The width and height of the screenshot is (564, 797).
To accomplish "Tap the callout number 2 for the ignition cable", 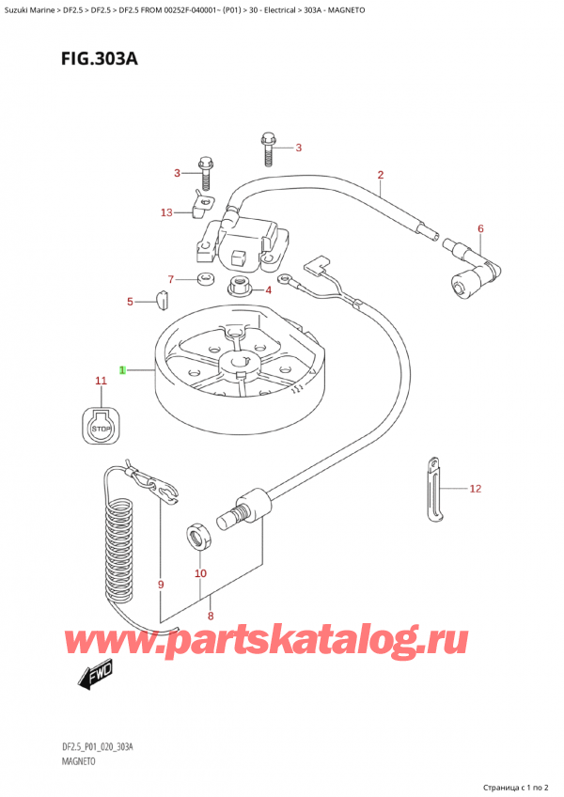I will tap(381, 175).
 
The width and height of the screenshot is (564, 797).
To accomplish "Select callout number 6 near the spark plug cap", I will tap(479, 228).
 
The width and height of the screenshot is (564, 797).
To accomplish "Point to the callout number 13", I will tap(166, 212).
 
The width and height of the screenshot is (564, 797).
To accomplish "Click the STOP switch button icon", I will tap(100, 428).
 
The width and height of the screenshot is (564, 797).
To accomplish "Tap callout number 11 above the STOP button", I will tap(101, 381).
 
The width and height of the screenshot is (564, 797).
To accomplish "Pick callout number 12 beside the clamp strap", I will tap(475, 489).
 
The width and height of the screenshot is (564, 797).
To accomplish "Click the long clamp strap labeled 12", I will tap(435, 488).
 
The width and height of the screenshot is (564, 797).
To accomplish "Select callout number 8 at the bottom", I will tap(211, 617).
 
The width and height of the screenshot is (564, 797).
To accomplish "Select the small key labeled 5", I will tap(161, 301).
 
